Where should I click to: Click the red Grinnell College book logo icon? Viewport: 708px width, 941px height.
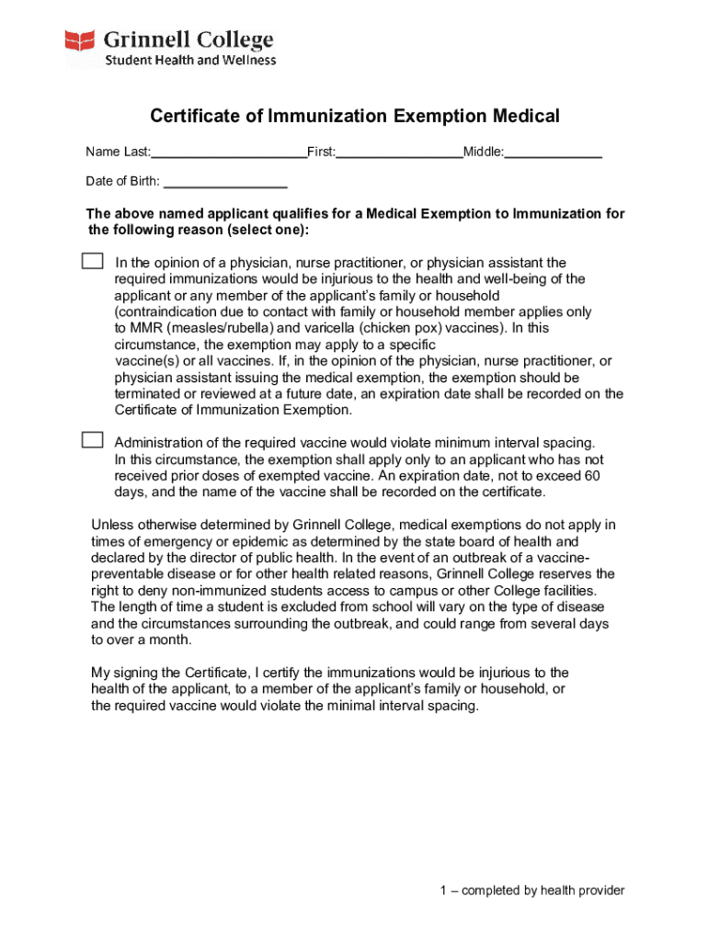[x=80, y=40]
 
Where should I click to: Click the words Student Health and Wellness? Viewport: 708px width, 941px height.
[x=189, y=61]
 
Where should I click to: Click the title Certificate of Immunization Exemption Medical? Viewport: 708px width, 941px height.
[x=355, y=116]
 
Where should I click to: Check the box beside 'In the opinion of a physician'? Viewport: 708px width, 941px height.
[x=92, y=261]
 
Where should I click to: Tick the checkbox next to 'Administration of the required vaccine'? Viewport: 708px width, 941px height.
[x=92, y=439]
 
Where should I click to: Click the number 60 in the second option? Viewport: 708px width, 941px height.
[x=592, y=476]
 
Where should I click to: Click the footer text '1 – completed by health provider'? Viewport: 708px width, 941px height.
[x=531, y=890]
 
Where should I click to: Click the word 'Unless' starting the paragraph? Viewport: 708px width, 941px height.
[x=112, y=525]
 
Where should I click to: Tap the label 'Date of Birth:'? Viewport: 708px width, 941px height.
[x=122, y=181]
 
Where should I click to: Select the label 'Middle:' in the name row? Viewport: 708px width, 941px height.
[x=484, y=153]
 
